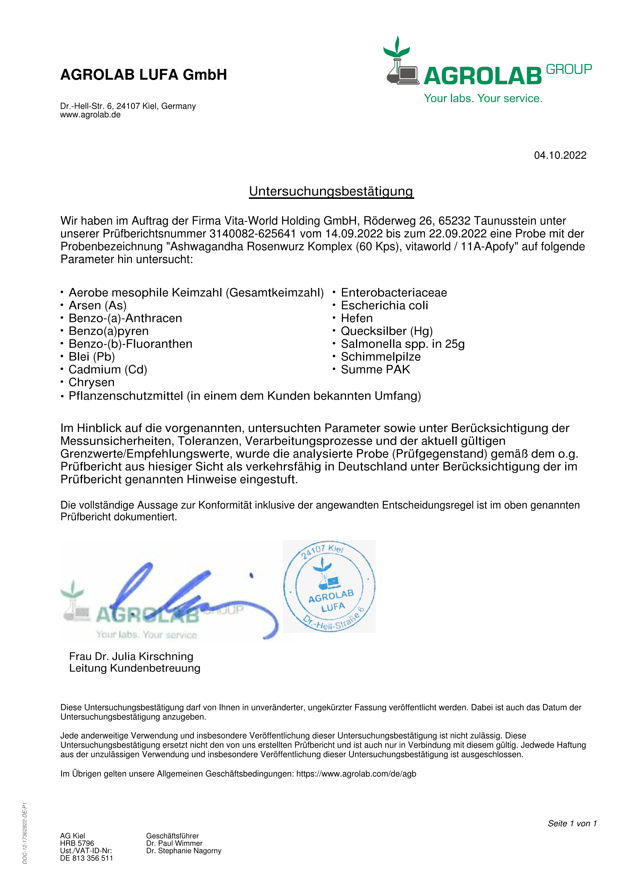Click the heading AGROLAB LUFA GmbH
[143, 75]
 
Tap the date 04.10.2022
[560, 155]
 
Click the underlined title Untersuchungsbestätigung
[331, 191]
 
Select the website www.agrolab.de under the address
[90, 115]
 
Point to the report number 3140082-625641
[253, 234]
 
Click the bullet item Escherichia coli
[384, 306]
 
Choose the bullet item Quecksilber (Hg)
[386, 331]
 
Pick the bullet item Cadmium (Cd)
[107, 370]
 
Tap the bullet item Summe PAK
[375, 370]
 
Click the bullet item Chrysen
[91, 382]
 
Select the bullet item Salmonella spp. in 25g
[402, 344]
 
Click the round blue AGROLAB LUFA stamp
[329, 586]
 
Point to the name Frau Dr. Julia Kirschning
[131, 656]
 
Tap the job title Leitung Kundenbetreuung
[135, 668]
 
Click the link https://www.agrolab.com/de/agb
[356, 774]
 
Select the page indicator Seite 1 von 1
[572, 824]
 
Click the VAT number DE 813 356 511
[87, 858]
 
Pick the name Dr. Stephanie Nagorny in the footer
[184, 851]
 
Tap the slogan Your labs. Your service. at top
[483, 98]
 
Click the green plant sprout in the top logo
[397, 47]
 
